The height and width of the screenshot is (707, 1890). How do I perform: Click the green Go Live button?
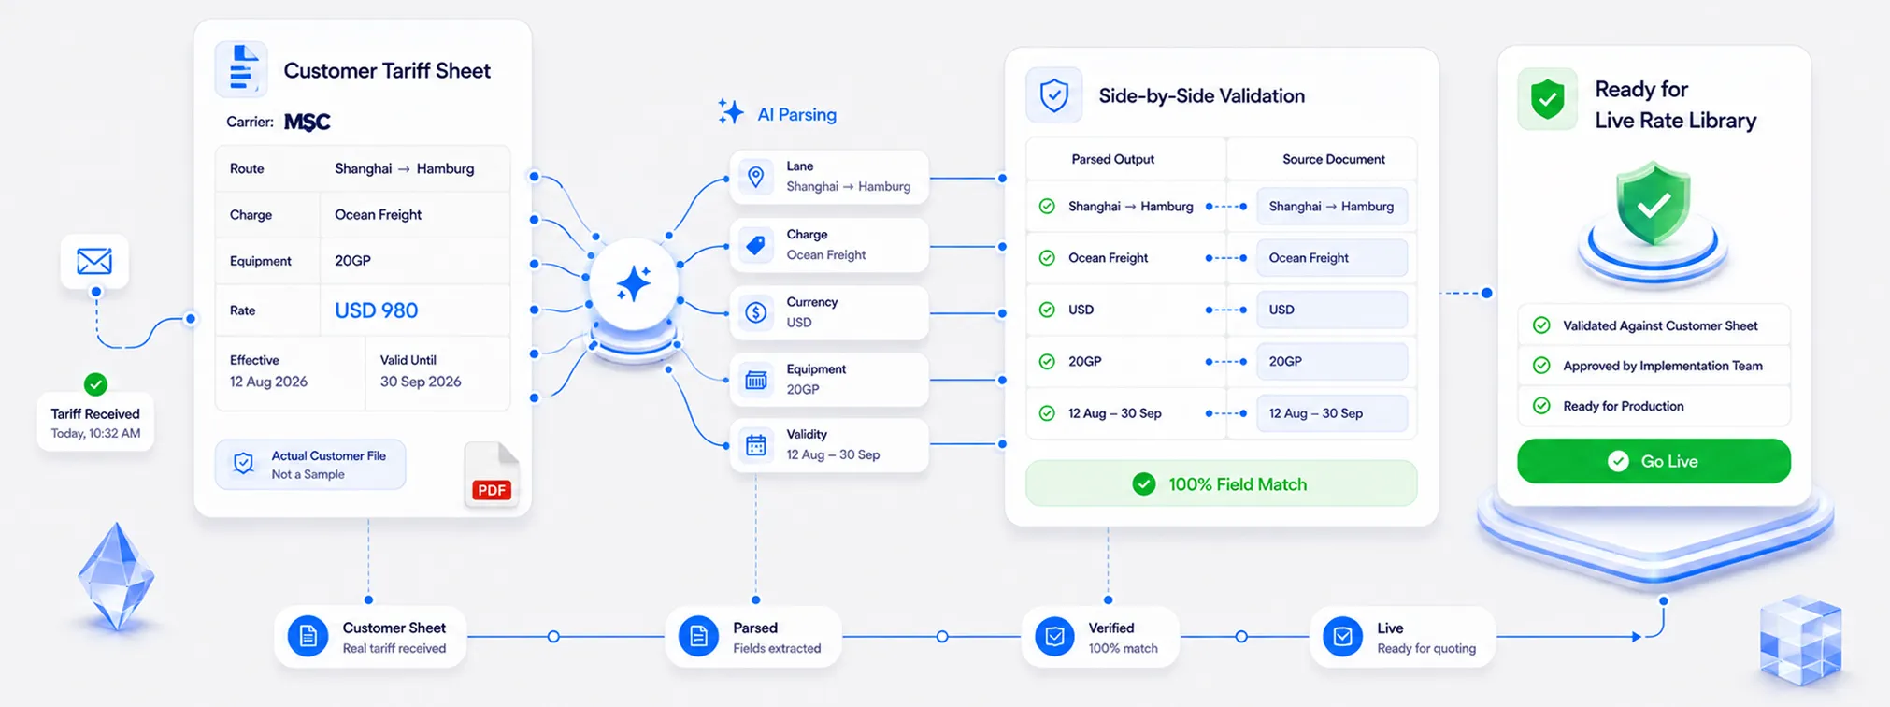pyautogui.click(x=1654, y=461)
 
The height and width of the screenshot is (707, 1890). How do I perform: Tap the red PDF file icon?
pyautogui.click(x=492, y=475)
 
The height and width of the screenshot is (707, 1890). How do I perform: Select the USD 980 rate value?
pyautogui.click(x=376, y=310)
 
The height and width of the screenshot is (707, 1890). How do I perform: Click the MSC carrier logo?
pyautogui.click(x=308, y=122)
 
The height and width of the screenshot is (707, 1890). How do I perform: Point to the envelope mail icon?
pyautogui.click(x=94, y=261)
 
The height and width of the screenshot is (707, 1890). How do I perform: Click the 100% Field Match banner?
pyautogui.click(x=1221, y=483)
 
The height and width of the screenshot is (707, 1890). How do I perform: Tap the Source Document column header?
pyautogui.click(x=1333, y=159)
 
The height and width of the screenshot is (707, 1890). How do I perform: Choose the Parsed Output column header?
pyautogui.click(x=1112, y=159)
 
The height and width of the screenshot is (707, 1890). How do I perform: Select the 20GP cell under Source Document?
pyautogui.click(x=1332, y=361)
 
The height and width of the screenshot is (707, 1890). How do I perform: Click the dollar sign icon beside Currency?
pyautogui.click(x=756, y=312)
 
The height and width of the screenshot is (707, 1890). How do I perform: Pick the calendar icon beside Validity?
pyautogui.click(x=756, y=445)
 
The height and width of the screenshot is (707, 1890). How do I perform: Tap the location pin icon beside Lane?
pyautogui.click(x=756, y=177)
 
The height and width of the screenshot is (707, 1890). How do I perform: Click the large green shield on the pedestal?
pyautogui.click(x=1653, y=204)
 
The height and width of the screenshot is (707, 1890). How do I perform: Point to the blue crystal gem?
pyautogui.click(x=116, y=576)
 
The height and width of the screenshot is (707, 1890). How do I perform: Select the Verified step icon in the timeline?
pyautogui.click(x=1054, y=637)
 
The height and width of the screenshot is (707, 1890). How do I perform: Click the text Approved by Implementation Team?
pyautogui.click(x=1663, y=366)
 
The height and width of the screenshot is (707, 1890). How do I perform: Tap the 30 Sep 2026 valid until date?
pyautogui.click(x=421, y=382)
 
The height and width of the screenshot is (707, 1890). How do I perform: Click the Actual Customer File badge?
pyautogui.click(x=310, y=465)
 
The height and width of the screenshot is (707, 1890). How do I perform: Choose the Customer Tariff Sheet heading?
pyautogui.click(x=387, y=71)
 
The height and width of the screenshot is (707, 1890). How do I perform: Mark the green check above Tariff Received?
pyautogui.click(x=95, y=383)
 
